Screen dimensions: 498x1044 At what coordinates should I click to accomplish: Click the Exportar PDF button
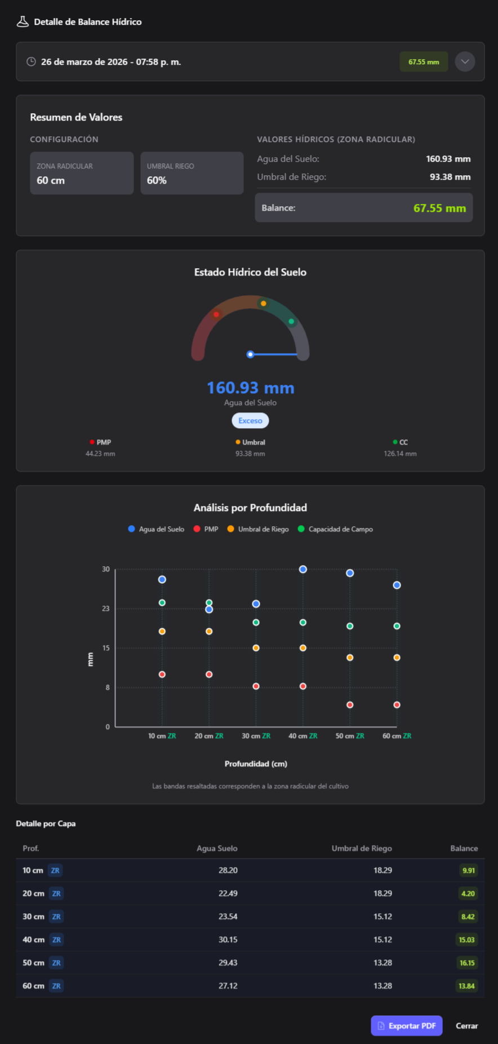coord(406,1025)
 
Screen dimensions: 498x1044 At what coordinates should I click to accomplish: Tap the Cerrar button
coord(466,1025)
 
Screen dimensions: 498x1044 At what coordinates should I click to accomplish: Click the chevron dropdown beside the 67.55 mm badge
coord(465,61)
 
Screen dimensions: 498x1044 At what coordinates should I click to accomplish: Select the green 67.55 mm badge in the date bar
coord(424,62)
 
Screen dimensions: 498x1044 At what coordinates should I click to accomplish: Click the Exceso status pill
coord(250,420)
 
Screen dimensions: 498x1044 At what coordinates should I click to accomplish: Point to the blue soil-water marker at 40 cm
coord(303,570)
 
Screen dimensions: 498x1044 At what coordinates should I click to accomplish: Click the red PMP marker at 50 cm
coord(350,705)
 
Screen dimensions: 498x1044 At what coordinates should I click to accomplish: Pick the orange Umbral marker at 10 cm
coord(162,631)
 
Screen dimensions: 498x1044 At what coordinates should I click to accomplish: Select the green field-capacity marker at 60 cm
coord(397,626)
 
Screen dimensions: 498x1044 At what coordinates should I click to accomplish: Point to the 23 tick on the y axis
coord(106,608)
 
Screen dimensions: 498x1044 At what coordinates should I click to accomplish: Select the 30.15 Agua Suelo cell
coord(228,939)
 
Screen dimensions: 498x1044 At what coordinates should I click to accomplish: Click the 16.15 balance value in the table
coord(467,962)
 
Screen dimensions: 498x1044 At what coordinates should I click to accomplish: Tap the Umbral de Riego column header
coord(362,848)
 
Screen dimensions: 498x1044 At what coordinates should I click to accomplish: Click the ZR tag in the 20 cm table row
coord(56,893)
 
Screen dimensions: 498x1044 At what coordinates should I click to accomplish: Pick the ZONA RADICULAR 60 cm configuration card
coord(82,173)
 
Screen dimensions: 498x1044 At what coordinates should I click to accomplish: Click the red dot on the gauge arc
coord(216,314)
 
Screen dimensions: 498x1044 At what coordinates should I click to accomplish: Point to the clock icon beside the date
coord(32,61)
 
